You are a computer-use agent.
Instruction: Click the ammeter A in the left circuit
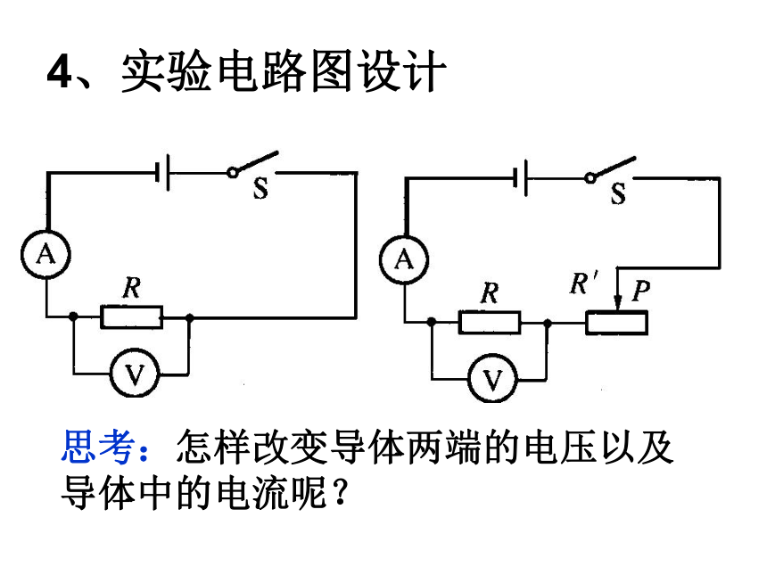point(46,254)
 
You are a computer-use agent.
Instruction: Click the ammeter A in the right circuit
point(404,259)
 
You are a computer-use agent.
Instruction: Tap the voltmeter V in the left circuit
point(135,374)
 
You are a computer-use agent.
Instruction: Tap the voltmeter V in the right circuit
point(492,379)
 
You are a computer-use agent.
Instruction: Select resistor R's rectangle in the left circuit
point(132,317)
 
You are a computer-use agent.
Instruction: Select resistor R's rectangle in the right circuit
point(490,323)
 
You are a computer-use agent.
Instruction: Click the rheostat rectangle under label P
point(617,324)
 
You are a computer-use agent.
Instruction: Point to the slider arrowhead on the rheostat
point(618,302)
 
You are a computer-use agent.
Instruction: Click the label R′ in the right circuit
point(583,283)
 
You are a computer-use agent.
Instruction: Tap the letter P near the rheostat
point(640,291)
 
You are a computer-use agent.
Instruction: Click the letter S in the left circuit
point(260,188)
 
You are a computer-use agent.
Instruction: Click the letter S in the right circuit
point(618,193)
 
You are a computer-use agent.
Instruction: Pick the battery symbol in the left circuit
point(162,172)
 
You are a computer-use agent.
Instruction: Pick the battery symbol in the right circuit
point(520,177)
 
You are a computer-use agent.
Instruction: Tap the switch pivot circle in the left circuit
point(233,173)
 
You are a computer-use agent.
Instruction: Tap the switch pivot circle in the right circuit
point(590,178)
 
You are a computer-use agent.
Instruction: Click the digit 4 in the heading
point(60,71)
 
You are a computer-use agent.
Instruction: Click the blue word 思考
point(98,447)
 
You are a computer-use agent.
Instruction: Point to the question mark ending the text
point(341,492)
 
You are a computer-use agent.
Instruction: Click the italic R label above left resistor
point(132,287)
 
